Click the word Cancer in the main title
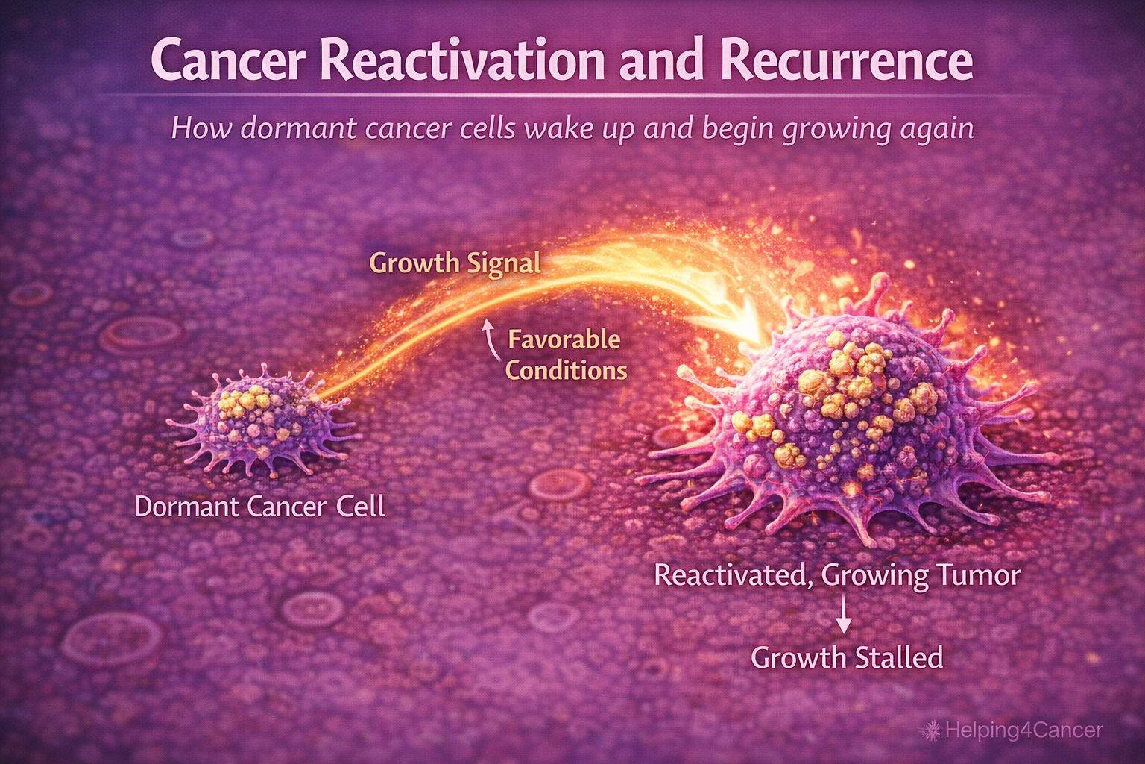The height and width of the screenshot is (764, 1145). pyautogui.click(x=227, y=61)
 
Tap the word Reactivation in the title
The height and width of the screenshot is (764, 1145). pyautogui.click(x=462, y=61)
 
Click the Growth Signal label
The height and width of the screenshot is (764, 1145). pyautogui.click(x=455, y=263)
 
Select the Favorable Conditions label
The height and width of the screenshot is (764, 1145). pyautogui.click(x=565, y=355)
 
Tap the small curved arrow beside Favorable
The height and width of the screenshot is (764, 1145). pyautogui.click(x=489, y=339)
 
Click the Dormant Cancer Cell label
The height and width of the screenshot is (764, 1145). pyautogui.click(x=259, y=507)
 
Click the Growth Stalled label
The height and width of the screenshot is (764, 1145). pyautogui.click(x=846, y=658)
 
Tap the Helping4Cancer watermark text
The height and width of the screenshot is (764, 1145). pyautogui.click(x=1023, y=730)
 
